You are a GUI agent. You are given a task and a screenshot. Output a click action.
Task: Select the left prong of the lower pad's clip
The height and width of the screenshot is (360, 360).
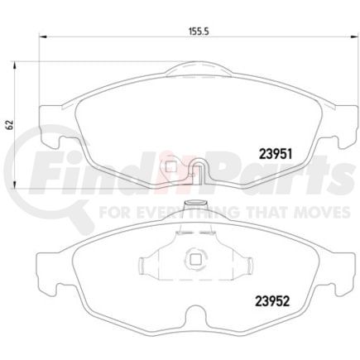[144, 264]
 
